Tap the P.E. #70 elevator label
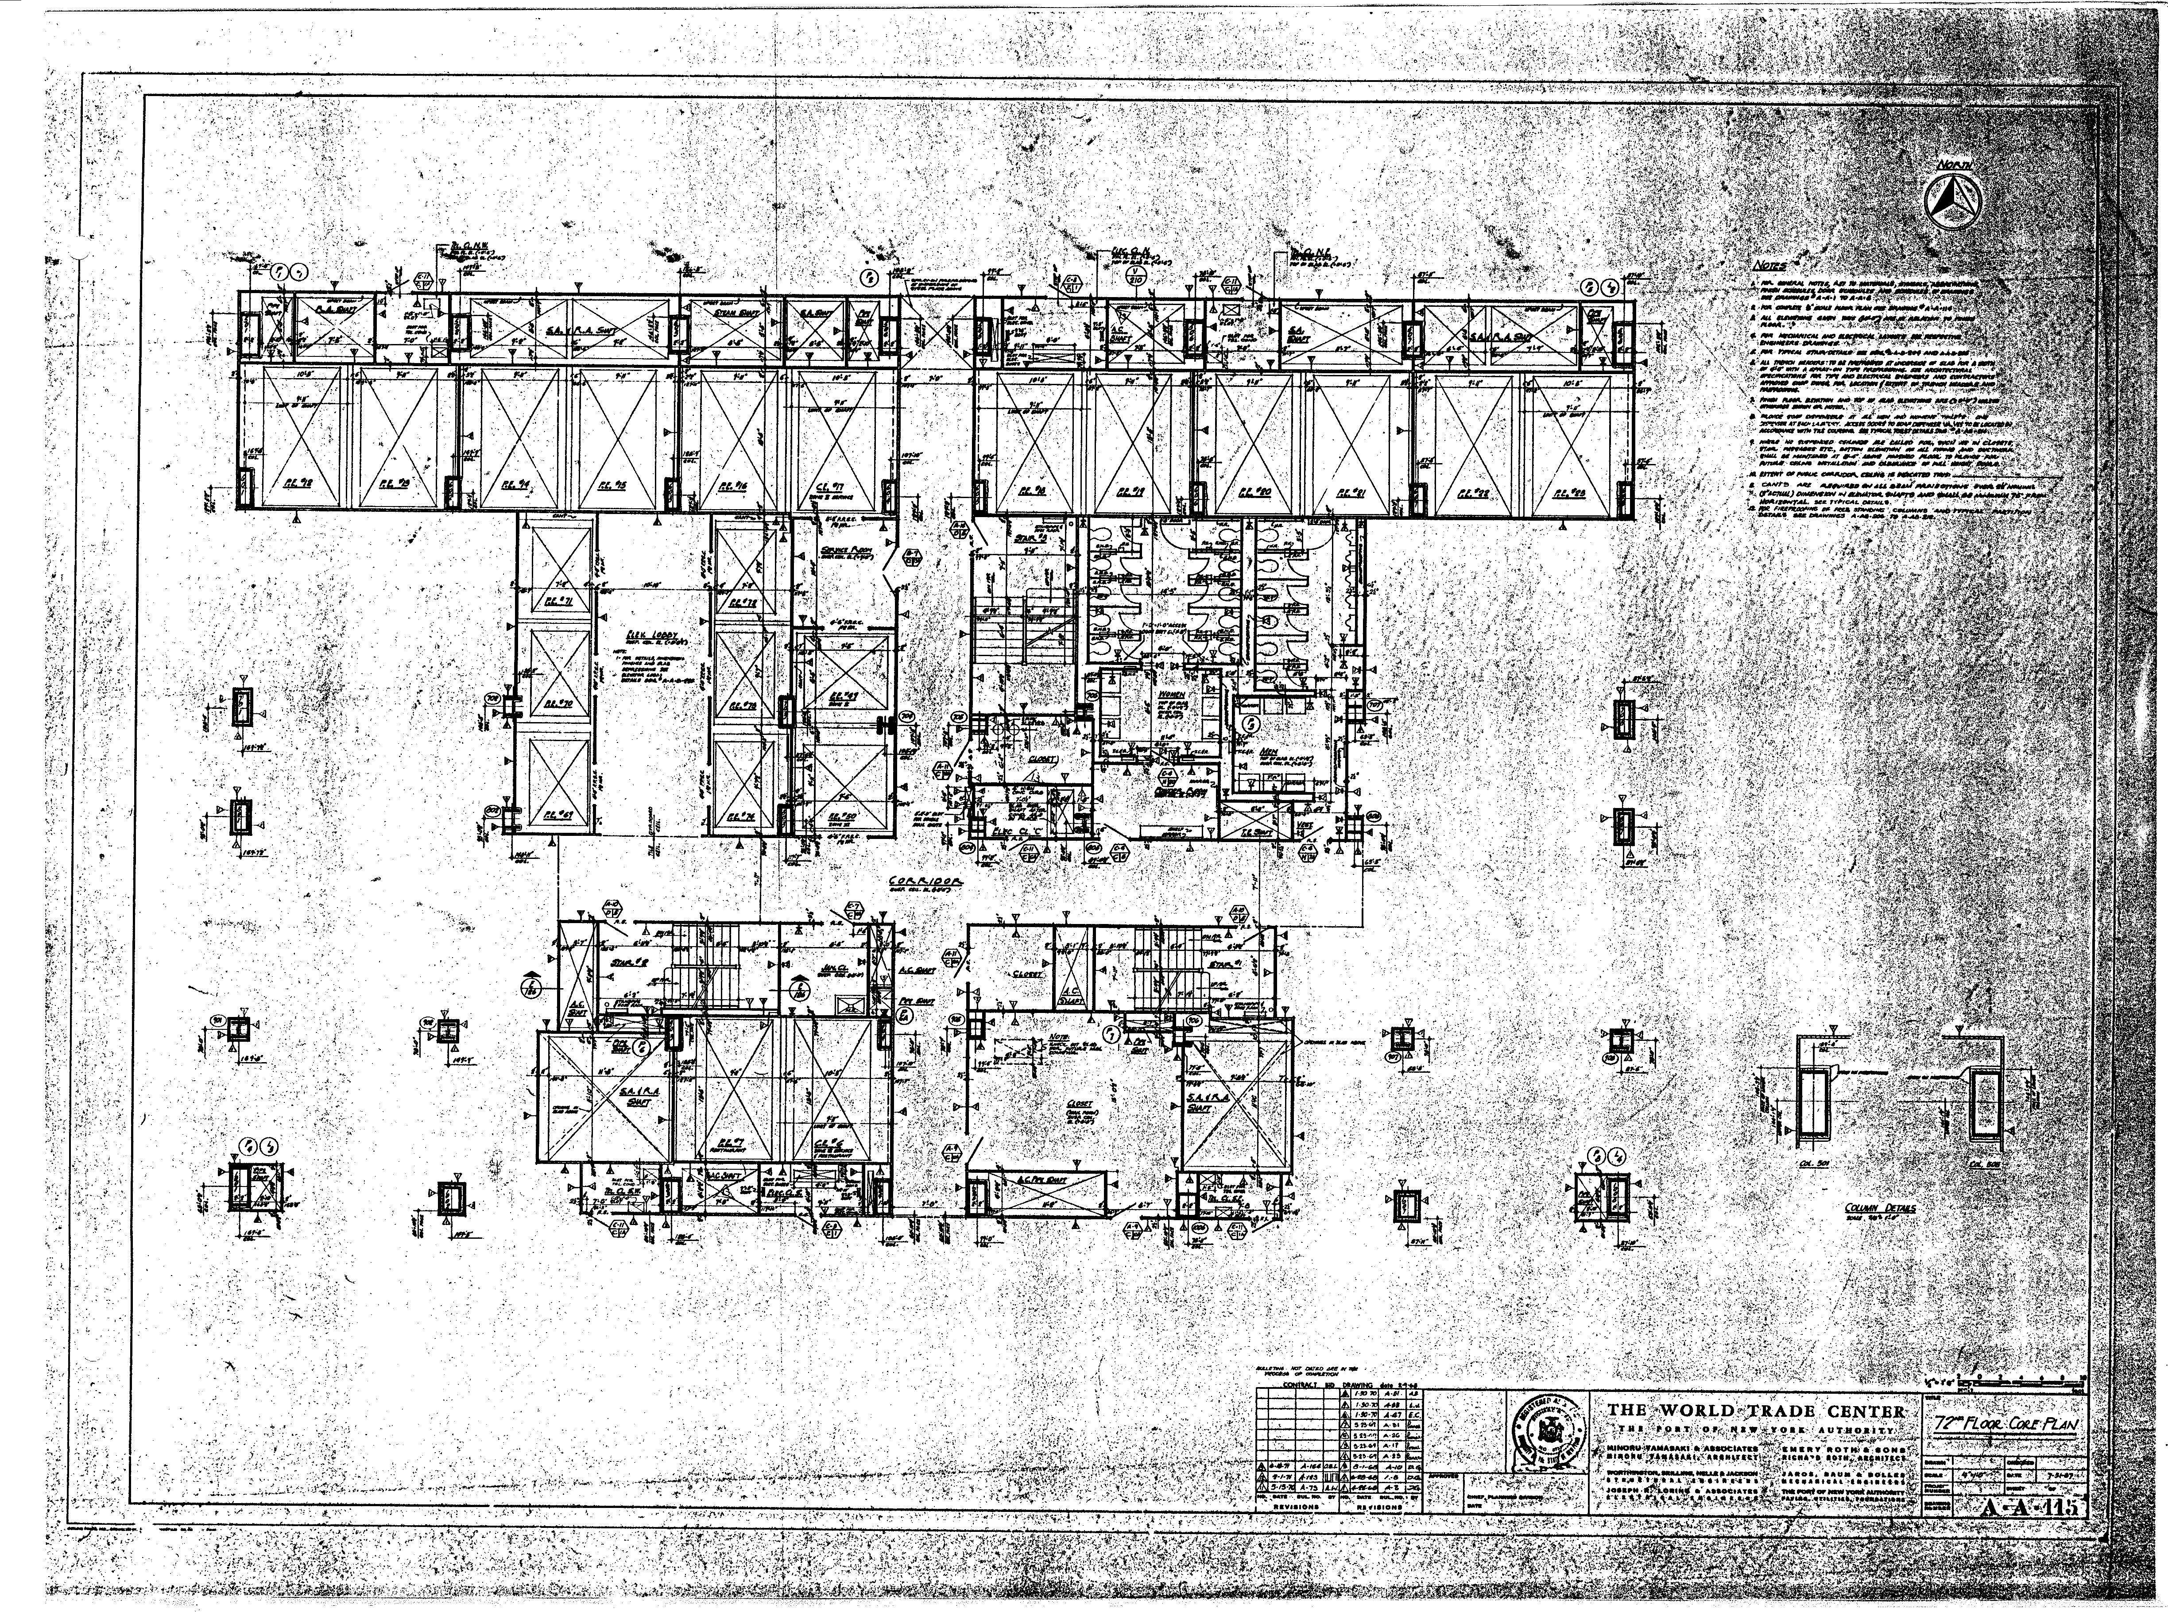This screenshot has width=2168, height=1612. [x=556, y=703]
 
